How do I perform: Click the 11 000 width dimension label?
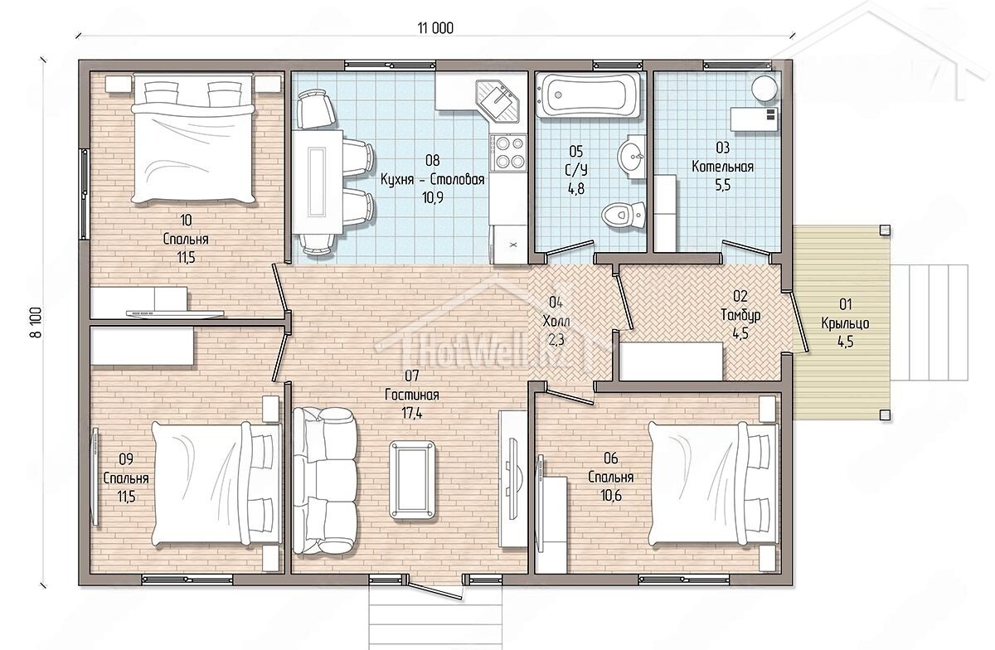(435, 28)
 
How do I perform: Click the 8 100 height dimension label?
(36, 323)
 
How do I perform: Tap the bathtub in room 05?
(589, 95)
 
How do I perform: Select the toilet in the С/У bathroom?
(624, 216)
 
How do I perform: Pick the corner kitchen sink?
(498, 101)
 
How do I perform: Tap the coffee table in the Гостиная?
(412, 480)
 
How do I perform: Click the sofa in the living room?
(325, 482)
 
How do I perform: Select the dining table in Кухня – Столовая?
(318, 182)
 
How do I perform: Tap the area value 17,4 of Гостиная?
(412, 414)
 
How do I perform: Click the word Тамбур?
(740, 315)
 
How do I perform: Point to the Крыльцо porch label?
(845, 323)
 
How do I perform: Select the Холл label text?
(556, 320)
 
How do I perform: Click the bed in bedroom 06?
(712, 483)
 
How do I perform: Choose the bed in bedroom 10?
(194, 139)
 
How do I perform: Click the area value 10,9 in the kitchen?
(432, 197)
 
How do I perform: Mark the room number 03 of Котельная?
(723, 148)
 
